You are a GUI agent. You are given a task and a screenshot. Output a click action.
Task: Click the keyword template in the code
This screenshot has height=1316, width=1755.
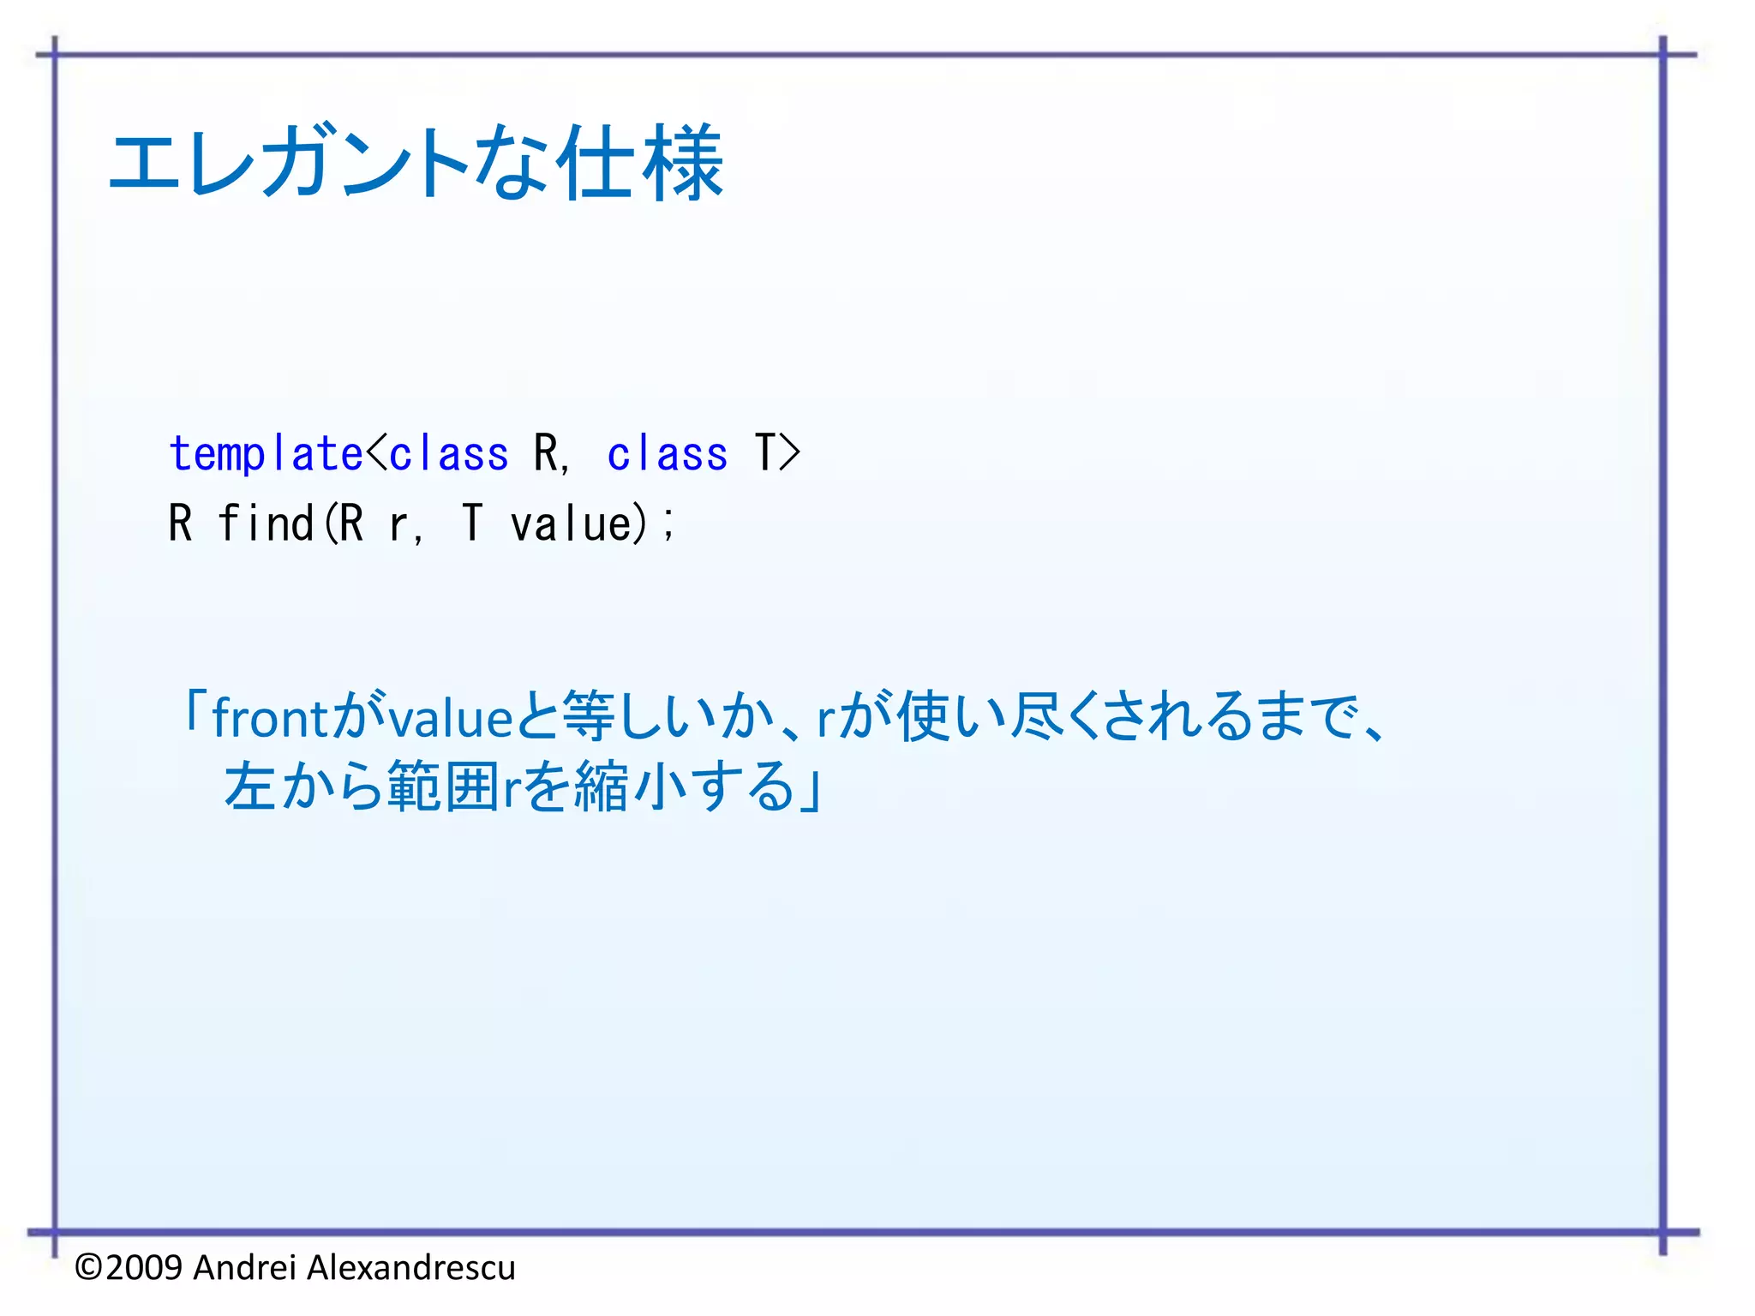coord(266,454)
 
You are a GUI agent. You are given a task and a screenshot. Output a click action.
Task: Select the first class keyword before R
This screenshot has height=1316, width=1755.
coord(448,454)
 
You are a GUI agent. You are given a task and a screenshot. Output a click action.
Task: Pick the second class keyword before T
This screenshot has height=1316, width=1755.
coord(667,454)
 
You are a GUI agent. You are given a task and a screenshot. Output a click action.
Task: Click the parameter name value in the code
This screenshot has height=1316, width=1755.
coord(572,523)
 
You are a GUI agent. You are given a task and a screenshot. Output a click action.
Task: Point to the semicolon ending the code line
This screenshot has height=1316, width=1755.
coord(668,525)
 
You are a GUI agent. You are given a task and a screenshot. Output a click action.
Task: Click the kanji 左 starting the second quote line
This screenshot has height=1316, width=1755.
coord(250,787)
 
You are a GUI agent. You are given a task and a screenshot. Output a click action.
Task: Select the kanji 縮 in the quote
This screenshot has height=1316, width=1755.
coord(602,787)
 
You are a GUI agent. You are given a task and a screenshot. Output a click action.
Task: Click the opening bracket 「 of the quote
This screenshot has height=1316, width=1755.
coord(194,713)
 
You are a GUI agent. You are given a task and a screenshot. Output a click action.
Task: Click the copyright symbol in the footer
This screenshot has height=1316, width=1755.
coord(88,1267)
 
